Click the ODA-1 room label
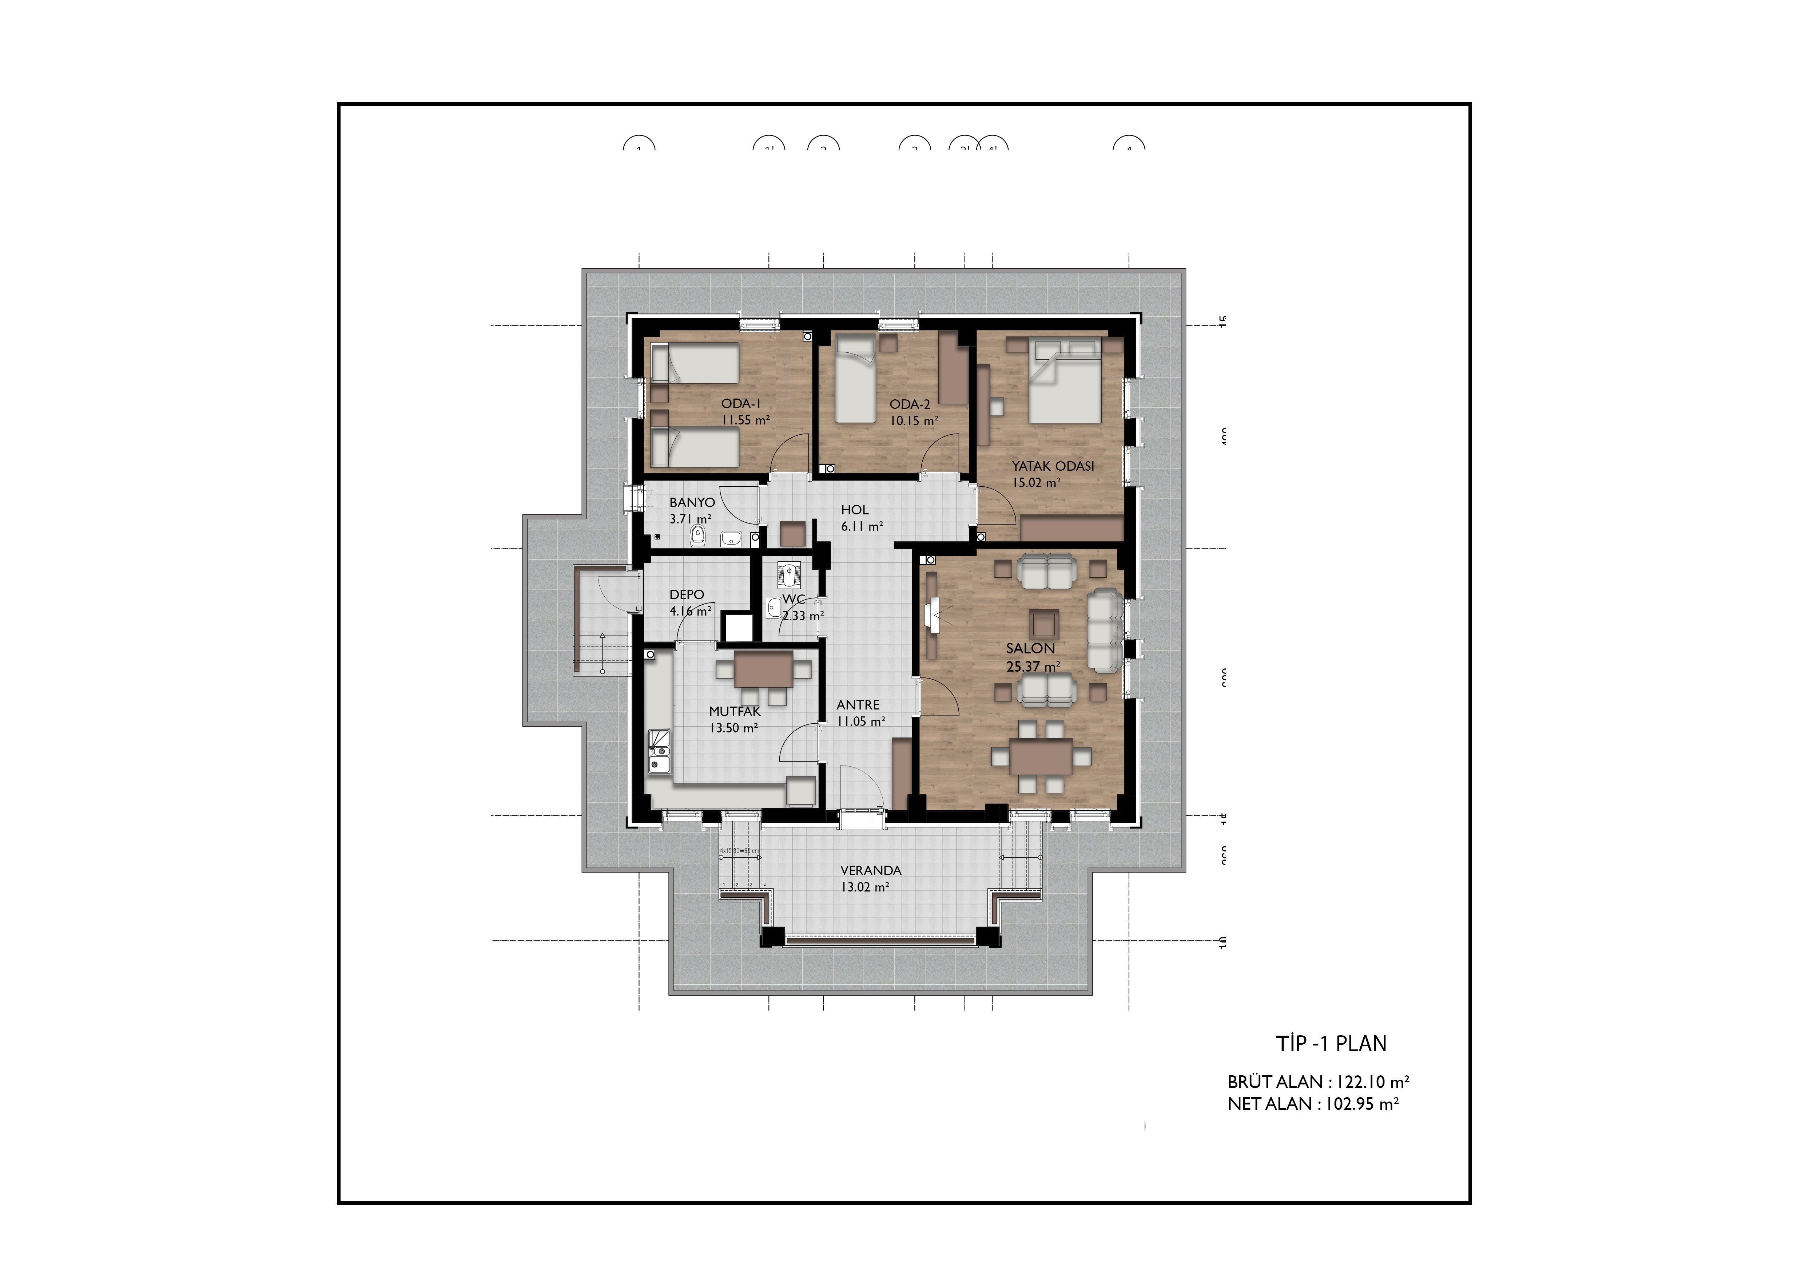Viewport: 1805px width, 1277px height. (x=740, y=403)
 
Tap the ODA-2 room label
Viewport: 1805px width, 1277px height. (x=910, y=404)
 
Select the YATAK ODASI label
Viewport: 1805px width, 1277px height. (x=1053, y=466)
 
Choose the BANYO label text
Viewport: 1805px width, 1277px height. (x=692, y=502)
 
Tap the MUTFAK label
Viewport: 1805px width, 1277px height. (x=734, y=711)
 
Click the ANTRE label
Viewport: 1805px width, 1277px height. (x=858, y=704)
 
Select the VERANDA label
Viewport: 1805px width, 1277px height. (x=870, y=870)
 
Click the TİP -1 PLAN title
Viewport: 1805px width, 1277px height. (x=1331, y=1043)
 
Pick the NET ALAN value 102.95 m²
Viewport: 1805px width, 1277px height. (x=1363, y=1104)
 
